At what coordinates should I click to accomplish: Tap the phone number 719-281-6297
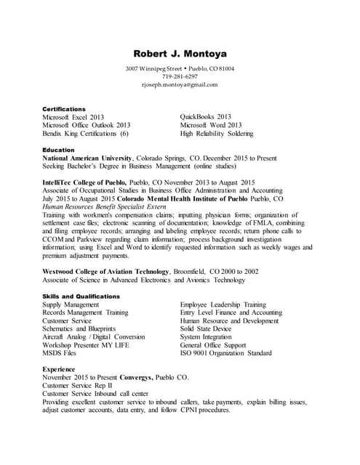[180, 76]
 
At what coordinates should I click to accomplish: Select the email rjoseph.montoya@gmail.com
[180, 84]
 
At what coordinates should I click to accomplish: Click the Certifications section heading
[64, 109]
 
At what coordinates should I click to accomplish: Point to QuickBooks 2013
[205, 117]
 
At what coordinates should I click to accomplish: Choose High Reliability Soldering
[217, 134]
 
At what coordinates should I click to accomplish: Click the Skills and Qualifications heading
[81, 296]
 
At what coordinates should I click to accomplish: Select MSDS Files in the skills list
[59, 353]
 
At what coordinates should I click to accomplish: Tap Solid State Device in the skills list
[206, 329]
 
